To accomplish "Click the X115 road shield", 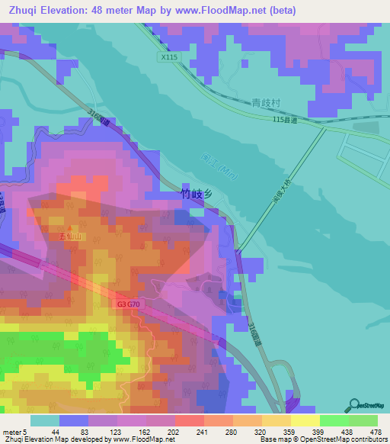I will pyautogui.click(x=169, y=57).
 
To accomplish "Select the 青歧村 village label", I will pyautogui.click(x=267, y=102).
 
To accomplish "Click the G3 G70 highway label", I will pyautogui.click(x=130, y=304).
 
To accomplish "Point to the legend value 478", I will pyautogui.click(x=375, y=433).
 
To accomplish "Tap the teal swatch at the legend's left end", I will pyautogui.click(x=44, y=420).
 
